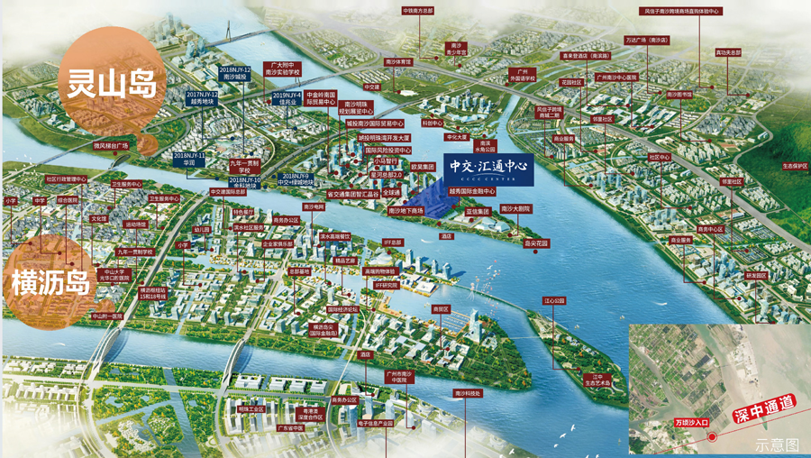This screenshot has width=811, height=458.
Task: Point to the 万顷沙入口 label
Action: pyautogui.click(x=691, y=422)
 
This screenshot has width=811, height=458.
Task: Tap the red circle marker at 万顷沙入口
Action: pyautogui.click(x=712, y=437)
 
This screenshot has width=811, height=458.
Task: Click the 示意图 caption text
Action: pyautogui.click(x=777, y=445)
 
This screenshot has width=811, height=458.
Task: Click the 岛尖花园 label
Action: pyautogui.click(x=536, y=243)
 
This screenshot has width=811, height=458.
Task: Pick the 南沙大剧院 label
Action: pyautogui.click(x=515, y=208)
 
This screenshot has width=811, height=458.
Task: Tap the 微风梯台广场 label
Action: pyautogui.click(x=112, y=145)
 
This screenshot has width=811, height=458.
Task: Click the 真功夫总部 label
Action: pyautogui.click(x=728, y=52)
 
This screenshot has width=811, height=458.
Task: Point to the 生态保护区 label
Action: pyautogui.click(x=794, y=166)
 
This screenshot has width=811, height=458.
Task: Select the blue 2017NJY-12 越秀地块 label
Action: pyautogui.click(x=202, y=97)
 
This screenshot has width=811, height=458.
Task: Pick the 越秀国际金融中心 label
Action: pyautogui.click(x=472, y=191)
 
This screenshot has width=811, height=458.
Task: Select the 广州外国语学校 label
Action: pyautogui.click(x=521, y=75)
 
